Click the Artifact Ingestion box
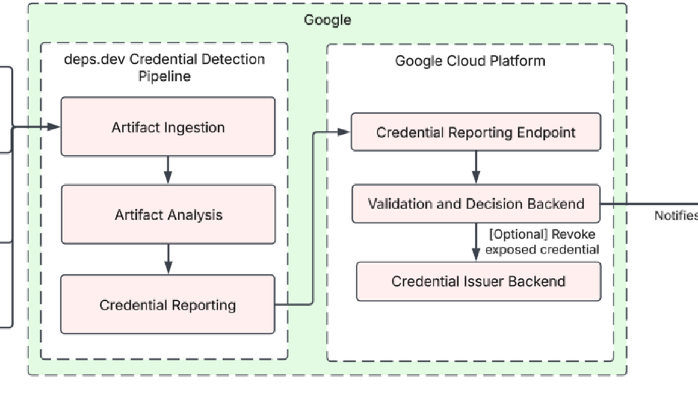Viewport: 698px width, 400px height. tap(168, 127)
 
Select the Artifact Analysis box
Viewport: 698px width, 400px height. tap(168, 215)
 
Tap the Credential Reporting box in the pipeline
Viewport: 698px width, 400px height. tap(167, 304)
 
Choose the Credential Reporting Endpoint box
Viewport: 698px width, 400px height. tap(475, 132)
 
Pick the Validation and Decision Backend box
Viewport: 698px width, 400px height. tap(475, 204)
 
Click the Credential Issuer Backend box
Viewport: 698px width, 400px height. tap(478, 281)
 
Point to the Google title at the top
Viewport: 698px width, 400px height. tap(327, 20)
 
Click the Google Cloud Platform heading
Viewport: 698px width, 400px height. tap(470, 61)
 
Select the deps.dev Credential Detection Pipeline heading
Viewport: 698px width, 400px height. tap(164, 68)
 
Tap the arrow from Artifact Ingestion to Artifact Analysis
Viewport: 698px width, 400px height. tap(168, 170)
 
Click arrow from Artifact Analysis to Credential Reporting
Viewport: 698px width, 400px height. tap(168, 259)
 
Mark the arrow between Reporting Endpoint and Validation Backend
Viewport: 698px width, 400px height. tap(475, 167)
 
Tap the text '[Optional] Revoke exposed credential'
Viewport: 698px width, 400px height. tap(542, 242)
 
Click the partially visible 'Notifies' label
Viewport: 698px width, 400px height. tap(676, 215)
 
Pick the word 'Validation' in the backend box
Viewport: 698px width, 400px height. tap(398, 204)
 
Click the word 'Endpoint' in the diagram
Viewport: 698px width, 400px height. tap(545, 132)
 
